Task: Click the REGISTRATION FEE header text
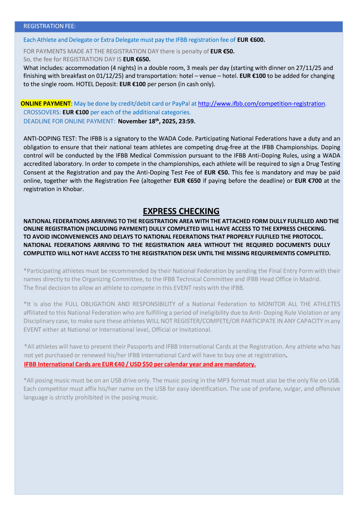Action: click(49, 26)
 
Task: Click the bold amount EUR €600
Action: click(251, 40)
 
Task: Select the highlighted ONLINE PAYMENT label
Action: click(46, 104)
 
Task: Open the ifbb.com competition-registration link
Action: click(261, 104)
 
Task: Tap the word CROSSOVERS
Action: click(42, 112)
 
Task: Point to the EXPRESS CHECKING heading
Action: click(181, 211)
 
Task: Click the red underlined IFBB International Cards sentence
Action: click(140, 364)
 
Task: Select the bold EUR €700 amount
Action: click(308, 181)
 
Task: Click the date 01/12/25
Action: click(110, 76)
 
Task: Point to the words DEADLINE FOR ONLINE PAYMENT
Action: click(69, 121)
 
